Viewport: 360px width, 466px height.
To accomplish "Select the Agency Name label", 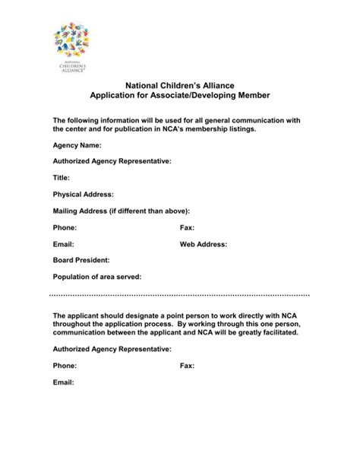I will [77, 144].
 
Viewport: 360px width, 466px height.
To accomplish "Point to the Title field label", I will [62, 177].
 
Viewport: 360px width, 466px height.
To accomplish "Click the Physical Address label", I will [83, 194].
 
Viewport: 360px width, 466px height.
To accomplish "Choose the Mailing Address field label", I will [121, 211].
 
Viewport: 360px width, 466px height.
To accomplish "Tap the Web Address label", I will [204, 244].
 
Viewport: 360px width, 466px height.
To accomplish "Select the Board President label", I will [81, 260].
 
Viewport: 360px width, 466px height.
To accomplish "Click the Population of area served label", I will [97, 277].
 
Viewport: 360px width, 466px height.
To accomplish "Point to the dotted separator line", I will [179, 294].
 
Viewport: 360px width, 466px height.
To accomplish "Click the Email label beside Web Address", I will [63, 244].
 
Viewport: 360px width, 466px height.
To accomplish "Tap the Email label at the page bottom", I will [63, 382].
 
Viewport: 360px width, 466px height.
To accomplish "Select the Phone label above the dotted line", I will [65, 227].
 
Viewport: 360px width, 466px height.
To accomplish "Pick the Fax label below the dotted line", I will [187, 366].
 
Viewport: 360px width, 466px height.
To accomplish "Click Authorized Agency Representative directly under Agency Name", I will [112, 161].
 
